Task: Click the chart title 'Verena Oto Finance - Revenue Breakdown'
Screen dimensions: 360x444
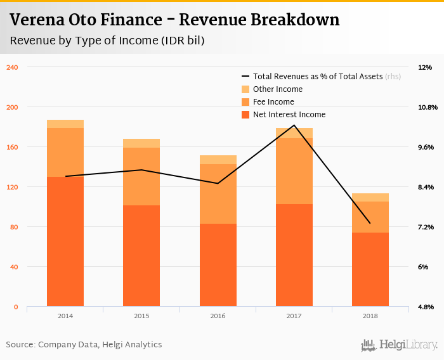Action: click(174, 20)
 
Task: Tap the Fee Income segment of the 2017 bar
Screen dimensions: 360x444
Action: click(294, 171)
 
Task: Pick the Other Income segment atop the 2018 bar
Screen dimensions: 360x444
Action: click(370, 197)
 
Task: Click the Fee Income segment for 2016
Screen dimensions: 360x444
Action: click(218, 194)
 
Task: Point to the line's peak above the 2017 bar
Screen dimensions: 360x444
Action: click(294, 125)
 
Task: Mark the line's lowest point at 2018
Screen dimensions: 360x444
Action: click(370, 223)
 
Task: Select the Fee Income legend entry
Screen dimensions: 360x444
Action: click(273, 101)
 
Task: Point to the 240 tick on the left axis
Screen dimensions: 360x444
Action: click(12, 67)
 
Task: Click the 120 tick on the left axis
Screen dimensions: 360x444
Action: click(12, 187)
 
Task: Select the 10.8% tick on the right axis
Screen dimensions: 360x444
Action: click(428, 107)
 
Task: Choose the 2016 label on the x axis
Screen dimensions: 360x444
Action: click(218, 316)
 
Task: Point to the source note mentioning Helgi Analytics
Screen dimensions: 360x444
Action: click(84, 345)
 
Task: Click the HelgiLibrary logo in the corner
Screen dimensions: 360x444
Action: click(400, 345)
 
